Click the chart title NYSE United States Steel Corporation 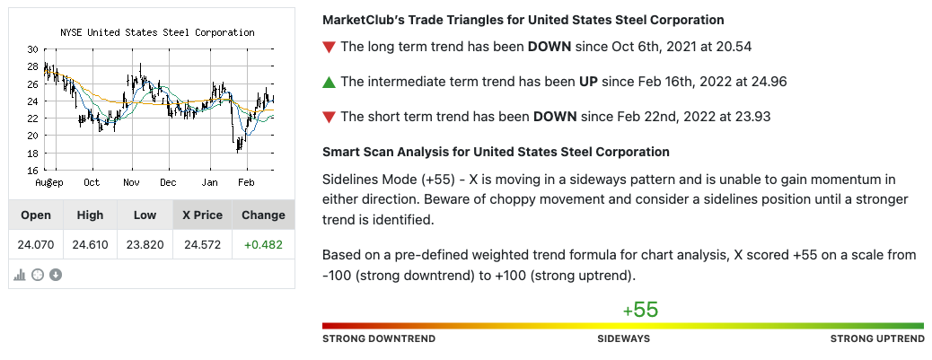point(157,32)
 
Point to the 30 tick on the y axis point(32,49)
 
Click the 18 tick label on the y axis point(32,153)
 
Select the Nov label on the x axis point(131,182)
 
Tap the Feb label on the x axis point(246,182)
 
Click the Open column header point(36,215)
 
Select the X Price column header point(202,215)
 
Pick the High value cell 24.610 point(91,244)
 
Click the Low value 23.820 point(145,244)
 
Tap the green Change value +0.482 point(263,244)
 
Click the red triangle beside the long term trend point(329,47)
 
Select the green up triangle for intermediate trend point(329,82)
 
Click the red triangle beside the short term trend point(329,117)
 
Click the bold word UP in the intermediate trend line point(588,82)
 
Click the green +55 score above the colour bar point(640,310)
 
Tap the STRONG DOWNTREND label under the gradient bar point(379,338)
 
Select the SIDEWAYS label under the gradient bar point(623,338)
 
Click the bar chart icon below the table point(20,275)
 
